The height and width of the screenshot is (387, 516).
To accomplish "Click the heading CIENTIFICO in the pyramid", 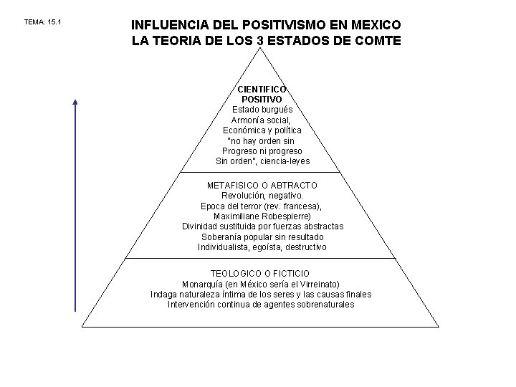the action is (x=262, y=89).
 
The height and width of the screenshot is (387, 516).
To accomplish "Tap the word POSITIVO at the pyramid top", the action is (x=262, y=99).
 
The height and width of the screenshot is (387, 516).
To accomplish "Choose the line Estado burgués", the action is (x=262, y=110).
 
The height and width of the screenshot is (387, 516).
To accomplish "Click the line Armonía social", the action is (x=262, y=120).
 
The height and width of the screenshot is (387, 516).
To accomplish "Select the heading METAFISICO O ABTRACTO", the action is (x=262, y=185).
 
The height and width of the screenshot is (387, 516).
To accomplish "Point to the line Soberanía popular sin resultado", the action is (x=262, y=236).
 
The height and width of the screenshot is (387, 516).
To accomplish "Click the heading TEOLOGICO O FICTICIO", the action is (x=260, y=274).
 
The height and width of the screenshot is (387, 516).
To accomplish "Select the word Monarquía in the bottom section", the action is (x=204, y=284).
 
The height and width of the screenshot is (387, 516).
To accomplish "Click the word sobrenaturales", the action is (x=320, y=305).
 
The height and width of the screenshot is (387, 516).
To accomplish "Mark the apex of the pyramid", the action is (x=262, y=49).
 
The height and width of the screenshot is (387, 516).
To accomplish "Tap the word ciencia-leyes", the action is (x=287, y=161).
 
